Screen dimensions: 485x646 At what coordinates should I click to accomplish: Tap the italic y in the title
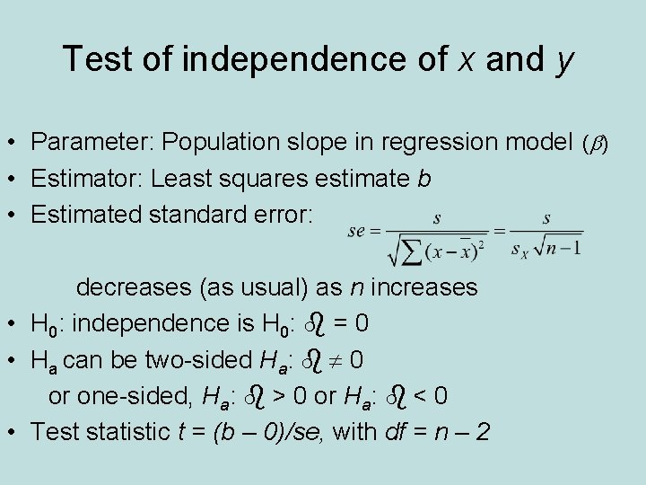pos(565,63)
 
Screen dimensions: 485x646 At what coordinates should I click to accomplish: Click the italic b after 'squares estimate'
pos(423,179)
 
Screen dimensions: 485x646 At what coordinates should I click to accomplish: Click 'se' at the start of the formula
pos(357,231)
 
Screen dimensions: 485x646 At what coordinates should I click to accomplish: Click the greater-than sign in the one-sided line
pos(282,395)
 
